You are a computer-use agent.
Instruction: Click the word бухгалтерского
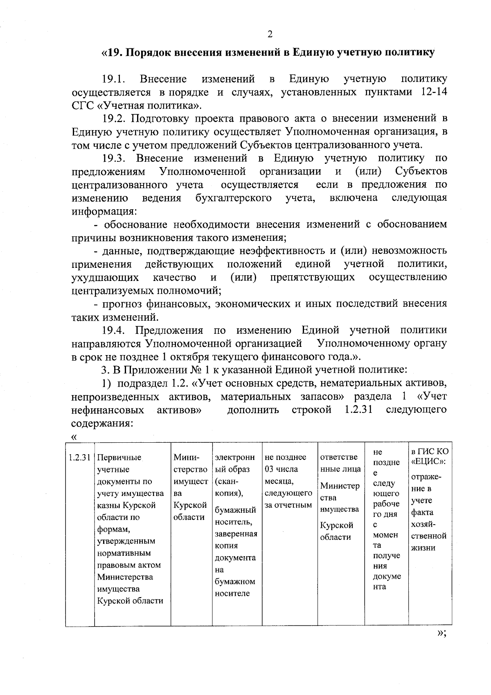point(233,199)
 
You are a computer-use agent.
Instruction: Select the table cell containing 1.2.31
point(79,457)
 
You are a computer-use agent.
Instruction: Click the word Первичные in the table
point(119,457)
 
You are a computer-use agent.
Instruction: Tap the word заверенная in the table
point(236,534)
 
